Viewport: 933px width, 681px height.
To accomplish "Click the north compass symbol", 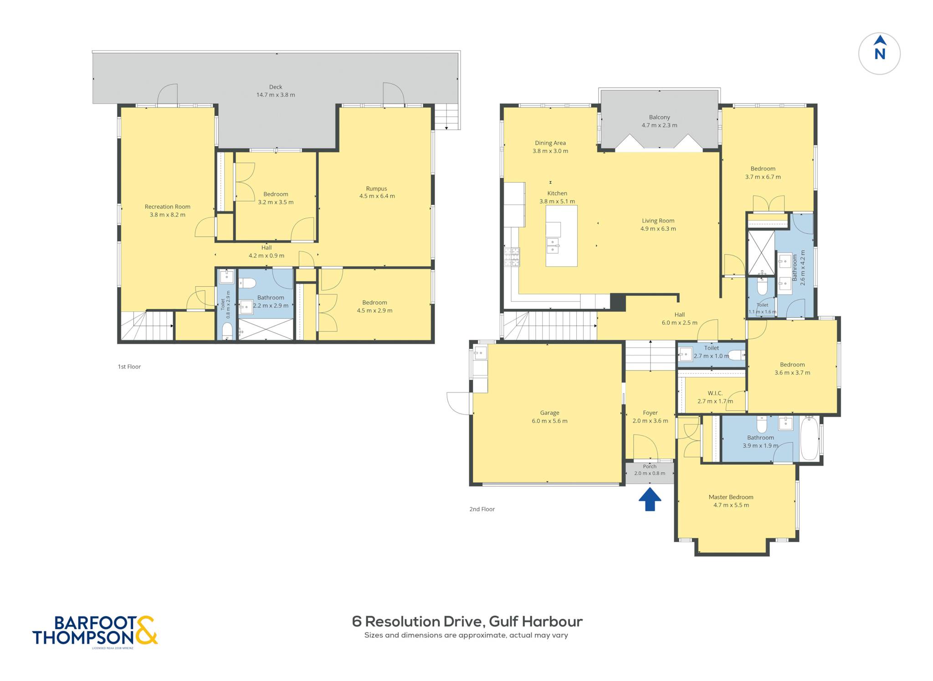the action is click(x=879, y=54).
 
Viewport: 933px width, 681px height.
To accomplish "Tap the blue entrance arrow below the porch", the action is click(x=650, y=499).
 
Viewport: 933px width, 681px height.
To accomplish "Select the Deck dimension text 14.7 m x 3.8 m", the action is click(x=276, y=95).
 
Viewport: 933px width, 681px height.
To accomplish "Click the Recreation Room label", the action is click(x=168, y=206).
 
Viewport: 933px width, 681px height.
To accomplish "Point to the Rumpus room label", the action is click(x=376, y=188).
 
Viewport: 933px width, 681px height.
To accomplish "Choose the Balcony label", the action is click(x=660, y=117).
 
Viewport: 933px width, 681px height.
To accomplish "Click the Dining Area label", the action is click(x=550, y=143).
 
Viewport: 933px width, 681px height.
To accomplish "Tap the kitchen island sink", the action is click(x=553, y=245).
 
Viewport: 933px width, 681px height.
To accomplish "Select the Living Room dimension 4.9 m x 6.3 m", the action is click(x=658, y=229).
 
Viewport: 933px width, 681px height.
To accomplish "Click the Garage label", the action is click(x=550, y=413).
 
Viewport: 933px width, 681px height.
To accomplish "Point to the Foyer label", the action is click(x=651, y=413).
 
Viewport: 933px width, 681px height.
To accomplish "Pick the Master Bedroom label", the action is click(x=731, y=497).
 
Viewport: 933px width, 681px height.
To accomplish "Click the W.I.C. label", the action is click(x=715, y=393).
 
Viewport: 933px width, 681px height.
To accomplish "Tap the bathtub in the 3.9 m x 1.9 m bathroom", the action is click(x=810, y=438).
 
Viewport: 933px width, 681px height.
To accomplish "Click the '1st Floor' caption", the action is click(x=129, y=366).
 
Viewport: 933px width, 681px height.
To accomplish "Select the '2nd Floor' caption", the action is click(x=482, y=509).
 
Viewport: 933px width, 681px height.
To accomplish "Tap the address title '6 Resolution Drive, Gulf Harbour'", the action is click(x=467, y=621).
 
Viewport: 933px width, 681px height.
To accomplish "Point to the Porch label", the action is click(x=650, y=466).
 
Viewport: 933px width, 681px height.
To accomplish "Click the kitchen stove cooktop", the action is click(x=512, y=257).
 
